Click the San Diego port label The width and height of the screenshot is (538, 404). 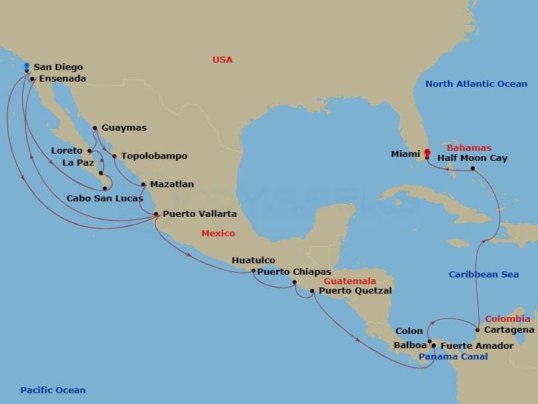pos(59,67)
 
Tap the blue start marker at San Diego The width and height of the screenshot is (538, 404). pos(26,66)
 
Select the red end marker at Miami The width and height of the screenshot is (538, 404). pos(427,151)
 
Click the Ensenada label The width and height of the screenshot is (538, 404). pos(63,78)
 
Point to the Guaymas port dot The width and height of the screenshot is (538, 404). pos(95,127)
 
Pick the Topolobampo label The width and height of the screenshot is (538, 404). pos(154,156)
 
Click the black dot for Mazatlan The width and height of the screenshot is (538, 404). pos(143,184)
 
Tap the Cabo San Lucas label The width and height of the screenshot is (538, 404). pos(105,199)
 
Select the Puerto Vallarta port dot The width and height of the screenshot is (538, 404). pos(157,214)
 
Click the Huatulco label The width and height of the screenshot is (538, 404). pos(254,260)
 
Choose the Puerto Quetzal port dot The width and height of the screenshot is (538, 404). pos(312,291)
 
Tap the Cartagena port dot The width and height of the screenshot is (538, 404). pos(477,330)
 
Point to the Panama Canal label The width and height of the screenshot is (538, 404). pos(453,357)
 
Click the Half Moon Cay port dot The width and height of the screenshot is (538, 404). pos(473,168)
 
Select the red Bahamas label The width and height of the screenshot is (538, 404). pos(469,147)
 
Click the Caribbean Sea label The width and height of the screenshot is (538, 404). pos(484,275)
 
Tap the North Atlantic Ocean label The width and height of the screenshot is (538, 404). pos(476,83)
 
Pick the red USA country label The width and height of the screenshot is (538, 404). pos(223,60)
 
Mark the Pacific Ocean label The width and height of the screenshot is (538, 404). pos(53,390)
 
